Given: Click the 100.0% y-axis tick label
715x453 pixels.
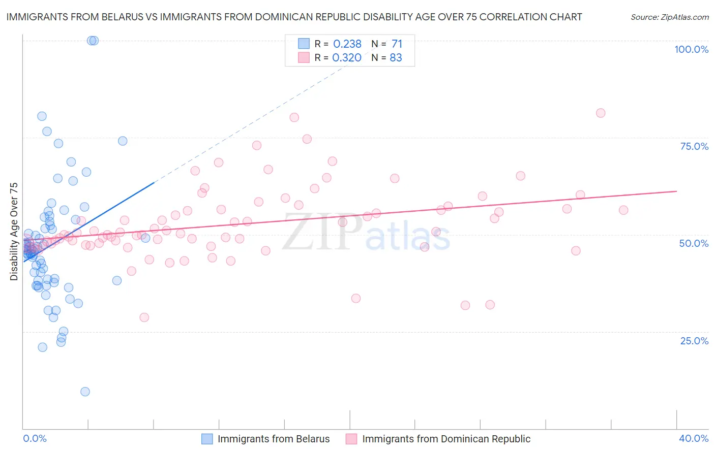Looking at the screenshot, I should click(691, 49).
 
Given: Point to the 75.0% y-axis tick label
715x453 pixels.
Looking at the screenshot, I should click(694, 146).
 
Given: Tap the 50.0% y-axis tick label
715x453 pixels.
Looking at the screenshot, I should click(694, 243).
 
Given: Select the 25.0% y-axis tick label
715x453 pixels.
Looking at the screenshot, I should click(694, 341).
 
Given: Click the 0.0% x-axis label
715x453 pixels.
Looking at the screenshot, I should click(35, 438).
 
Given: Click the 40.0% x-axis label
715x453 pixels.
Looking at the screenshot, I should click(694, 438).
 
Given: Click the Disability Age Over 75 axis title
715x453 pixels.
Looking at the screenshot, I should click(14, 231).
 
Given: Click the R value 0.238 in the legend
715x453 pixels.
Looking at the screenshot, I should click(347, 44).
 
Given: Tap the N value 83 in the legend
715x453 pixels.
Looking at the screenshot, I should click(396, 58).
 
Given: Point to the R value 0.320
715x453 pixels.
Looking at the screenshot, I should click(347, 58).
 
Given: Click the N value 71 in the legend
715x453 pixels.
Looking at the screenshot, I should click(397, 44).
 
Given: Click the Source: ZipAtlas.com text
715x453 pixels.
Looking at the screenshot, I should click(669, 17).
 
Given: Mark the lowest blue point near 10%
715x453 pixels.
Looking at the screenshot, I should click(85, 392).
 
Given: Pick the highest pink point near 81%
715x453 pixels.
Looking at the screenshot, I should click(601, 113).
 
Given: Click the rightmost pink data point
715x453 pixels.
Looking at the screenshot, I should click(623, 210).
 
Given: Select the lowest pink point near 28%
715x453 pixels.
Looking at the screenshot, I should click(144, 317).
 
